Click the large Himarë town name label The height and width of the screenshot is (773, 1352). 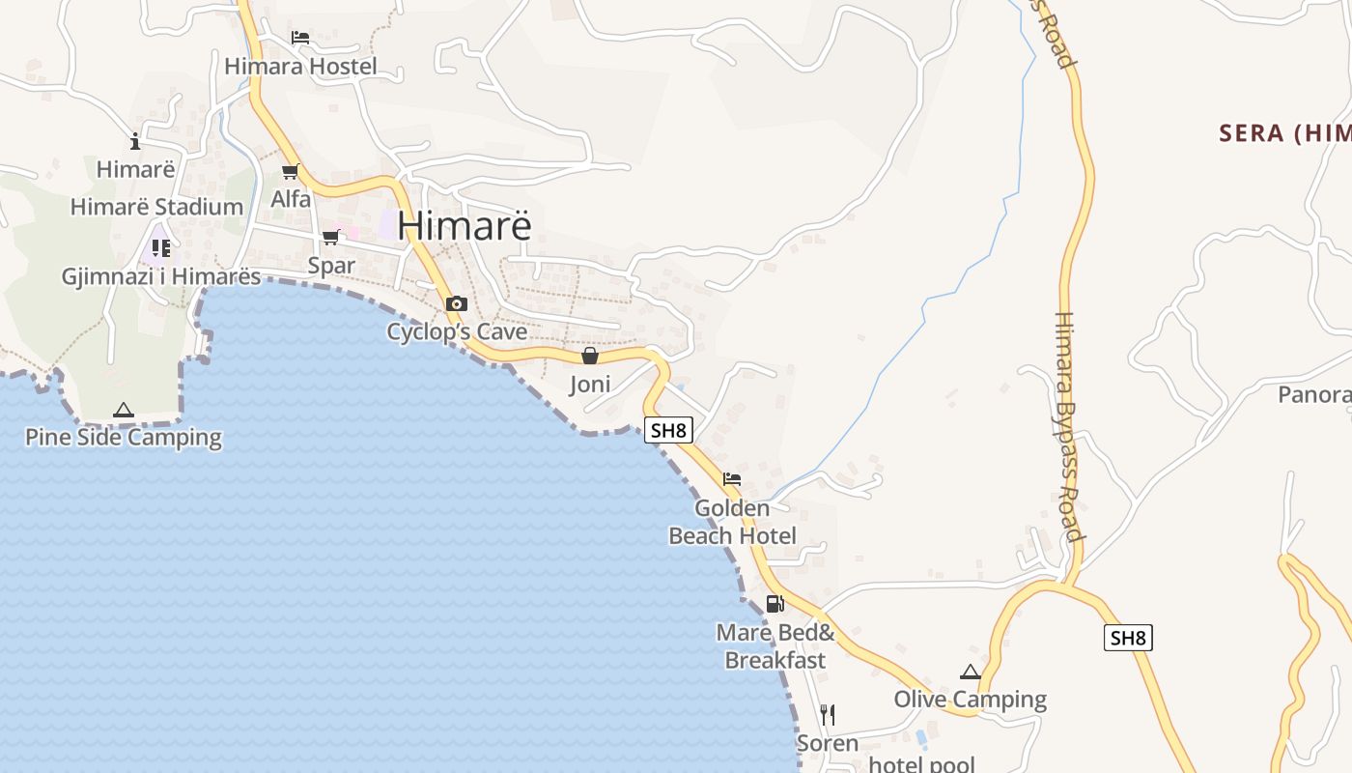(x=464, y=225)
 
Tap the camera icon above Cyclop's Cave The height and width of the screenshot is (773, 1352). (x=456, y=303)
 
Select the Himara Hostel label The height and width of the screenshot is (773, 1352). (x=300, y=67)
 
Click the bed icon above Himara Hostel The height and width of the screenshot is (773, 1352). (x=300, y=38)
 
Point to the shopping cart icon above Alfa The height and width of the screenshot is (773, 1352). (x=290, y=172)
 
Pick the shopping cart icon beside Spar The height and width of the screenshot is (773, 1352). (x=331, y=237)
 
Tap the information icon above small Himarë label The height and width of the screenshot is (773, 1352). (x=135, y=142)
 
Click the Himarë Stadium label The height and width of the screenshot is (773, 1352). (x=156, y=207)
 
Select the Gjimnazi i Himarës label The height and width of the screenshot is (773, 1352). (x=161, y=277)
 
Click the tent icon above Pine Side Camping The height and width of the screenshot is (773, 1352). (x=123, y=410)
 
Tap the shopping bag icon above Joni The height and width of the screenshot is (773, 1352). (x=590, y=356)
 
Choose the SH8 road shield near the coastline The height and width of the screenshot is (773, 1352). (x=669, y=430)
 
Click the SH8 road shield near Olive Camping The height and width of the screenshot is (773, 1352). (x=1128, y=638)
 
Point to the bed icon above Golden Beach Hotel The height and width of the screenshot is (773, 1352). (x=732, y=478)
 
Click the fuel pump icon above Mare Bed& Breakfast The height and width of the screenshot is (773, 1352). (x=775, y=604)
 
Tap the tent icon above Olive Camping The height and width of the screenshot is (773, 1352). (x=971, y=672)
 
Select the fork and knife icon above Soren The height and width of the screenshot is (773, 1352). (x=827, y=715)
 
